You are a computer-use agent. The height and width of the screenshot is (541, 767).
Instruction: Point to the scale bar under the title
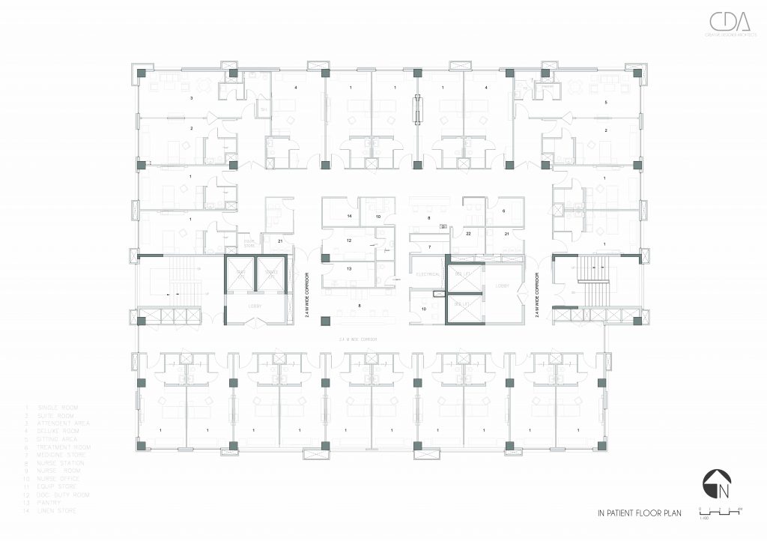tap(719, 512)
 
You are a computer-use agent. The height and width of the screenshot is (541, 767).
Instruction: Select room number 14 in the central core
tap(349, 216)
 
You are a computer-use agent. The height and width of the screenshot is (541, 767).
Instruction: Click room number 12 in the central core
tap(349, 241)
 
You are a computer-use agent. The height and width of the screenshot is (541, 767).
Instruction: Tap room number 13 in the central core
tap(349, 268)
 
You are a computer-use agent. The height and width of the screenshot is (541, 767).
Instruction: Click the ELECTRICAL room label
tap(428, 275)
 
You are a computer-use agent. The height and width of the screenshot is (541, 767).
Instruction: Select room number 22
tap(468, 235)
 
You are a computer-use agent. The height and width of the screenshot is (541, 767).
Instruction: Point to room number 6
tap(503, 211)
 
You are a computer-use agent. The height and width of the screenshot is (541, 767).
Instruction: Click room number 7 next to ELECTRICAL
tap(429, 247)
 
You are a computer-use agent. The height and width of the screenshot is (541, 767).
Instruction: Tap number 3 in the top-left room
tap(192, 98)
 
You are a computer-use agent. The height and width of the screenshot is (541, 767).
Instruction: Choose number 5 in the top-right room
tap(606, 101)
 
